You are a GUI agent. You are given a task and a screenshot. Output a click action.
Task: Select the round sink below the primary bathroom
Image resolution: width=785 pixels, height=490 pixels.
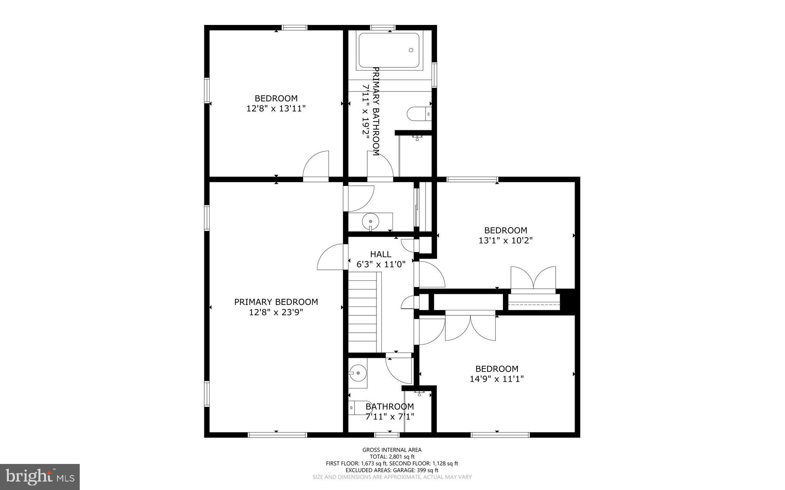pos(370,221)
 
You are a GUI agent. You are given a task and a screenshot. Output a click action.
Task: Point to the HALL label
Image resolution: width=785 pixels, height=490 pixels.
pos(381,254)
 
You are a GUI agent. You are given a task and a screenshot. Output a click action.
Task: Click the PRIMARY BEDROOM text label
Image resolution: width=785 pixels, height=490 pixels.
pos(276,302)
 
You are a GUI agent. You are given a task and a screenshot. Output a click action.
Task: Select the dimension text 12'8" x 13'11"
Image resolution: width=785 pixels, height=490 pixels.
pos(276,108)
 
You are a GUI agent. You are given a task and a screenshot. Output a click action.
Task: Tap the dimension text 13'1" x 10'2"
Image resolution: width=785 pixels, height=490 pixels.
pos(506,241)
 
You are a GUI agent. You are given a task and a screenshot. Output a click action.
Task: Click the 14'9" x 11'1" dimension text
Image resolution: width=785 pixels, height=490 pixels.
pos(497,379)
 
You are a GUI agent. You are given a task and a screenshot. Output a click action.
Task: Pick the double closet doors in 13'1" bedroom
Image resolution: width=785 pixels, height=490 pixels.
pos(533,279)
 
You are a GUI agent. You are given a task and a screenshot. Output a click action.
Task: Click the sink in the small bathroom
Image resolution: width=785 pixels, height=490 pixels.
pos(358,372)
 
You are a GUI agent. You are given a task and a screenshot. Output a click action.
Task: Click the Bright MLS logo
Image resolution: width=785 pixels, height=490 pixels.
pos(40,477)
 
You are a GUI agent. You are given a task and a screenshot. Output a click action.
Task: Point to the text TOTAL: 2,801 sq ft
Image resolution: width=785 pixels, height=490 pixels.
pos(392,457)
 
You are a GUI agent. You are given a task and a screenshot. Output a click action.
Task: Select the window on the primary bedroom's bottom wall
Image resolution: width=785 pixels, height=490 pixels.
pos(277,434)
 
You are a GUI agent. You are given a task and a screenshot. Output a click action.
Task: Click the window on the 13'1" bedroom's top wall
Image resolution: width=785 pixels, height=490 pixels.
pos(472,179)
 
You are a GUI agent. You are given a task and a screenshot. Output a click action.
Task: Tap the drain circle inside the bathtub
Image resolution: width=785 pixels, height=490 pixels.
pos(411,50)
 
